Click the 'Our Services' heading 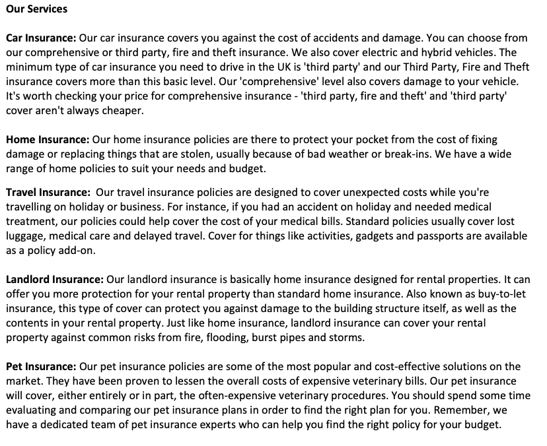pyautogui.click(x=36, y=10)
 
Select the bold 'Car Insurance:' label pyautogui.click(x=41, y=39)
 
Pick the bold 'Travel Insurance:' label pyautogui.click(x=48, y=192)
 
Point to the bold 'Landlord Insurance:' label pyautogui.click(x=55, y=279)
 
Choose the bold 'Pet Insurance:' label pyautogui.click(x=41, y=366)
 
